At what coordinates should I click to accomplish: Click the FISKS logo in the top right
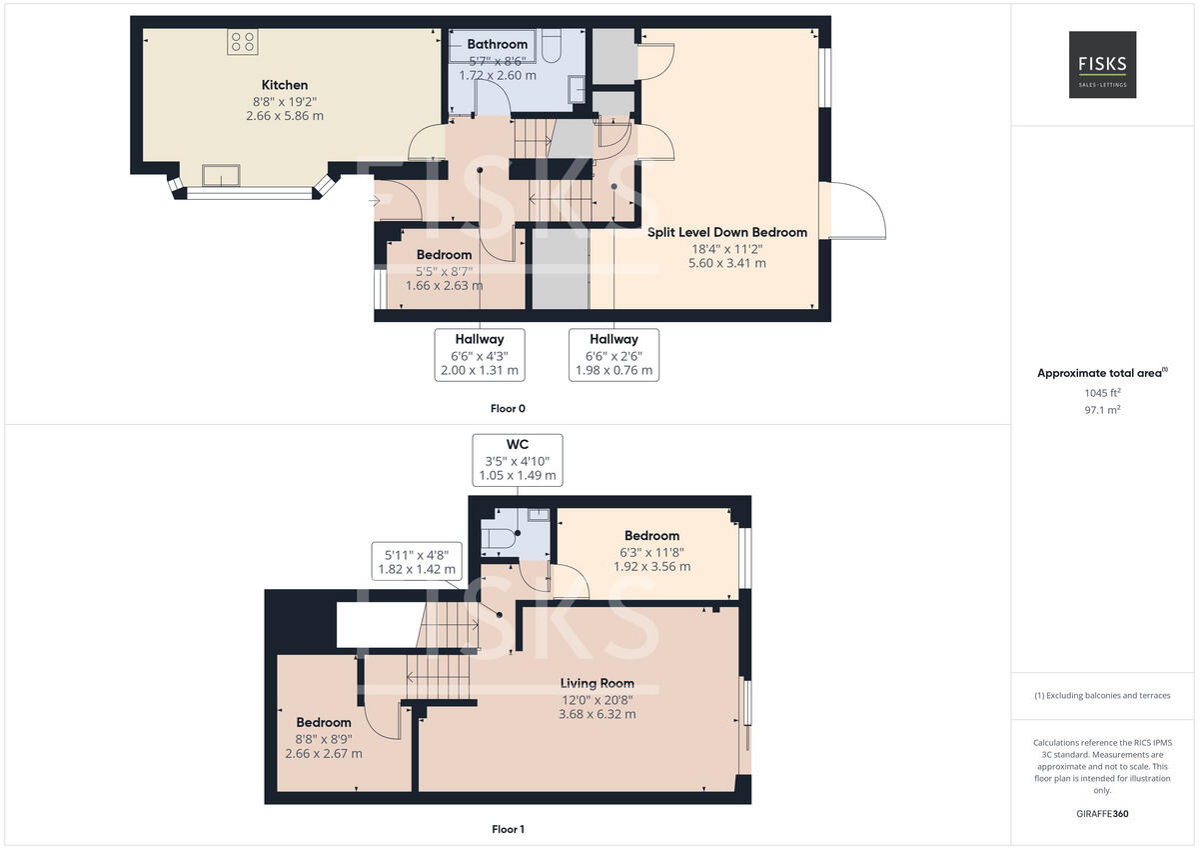1102,64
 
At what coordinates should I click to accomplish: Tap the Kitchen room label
285,85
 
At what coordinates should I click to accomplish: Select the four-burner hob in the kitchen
243,41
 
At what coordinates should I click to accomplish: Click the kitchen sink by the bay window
220,175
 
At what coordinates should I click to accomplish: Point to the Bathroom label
497,44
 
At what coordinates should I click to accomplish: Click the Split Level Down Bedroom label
726,232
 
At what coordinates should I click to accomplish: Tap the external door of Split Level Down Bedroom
851,211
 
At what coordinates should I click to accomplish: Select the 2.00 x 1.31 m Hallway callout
480,354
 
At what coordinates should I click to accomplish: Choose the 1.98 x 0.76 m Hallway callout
613,354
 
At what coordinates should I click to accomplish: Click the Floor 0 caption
508,408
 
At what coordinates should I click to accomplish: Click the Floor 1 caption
508,829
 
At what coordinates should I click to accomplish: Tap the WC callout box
517,460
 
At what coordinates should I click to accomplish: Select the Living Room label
597,684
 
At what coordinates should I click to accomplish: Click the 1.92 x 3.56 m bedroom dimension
651,566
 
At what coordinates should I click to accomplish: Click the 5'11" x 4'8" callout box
417,561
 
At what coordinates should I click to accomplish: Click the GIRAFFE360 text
1102,814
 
